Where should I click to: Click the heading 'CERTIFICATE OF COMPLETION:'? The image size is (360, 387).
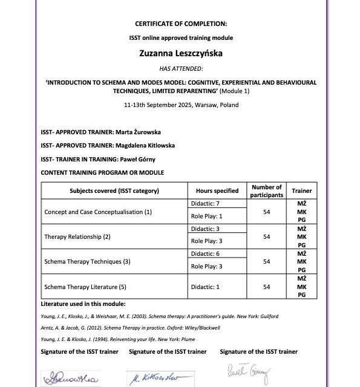(181, 24)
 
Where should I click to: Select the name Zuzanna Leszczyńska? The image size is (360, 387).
(181, 53)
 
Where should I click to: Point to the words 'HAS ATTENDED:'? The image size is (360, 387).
(181, 68)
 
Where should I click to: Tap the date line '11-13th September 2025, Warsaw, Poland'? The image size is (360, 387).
(181, 105)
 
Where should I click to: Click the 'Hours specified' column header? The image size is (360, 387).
(217, 190)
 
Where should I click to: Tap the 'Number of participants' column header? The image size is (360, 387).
(266, 190)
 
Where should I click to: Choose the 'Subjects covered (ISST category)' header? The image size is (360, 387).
(114, 190)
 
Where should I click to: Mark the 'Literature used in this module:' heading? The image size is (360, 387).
(83, 304)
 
